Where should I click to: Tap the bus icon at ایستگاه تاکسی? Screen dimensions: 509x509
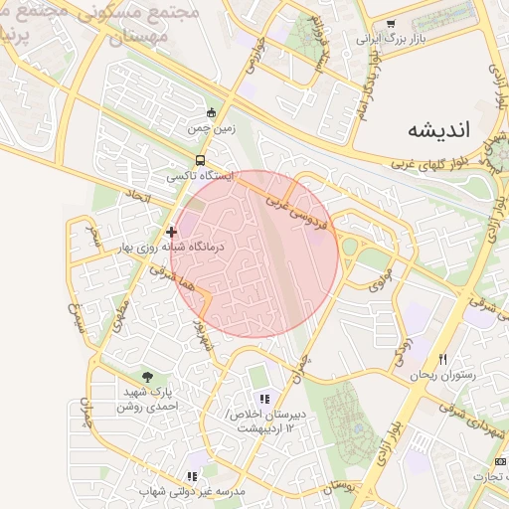click(x=202, y=159)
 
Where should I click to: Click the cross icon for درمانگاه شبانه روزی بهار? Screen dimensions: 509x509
click(x=171, y=231)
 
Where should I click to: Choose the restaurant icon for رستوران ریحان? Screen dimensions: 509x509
click(x=443, y=359)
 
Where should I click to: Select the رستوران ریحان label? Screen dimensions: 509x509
click(x=442, y=375)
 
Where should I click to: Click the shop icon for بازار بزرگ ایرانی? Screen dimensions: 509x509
click(x=391, y=24)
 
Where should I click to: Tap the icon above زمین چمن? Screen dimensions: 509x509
click(x=210, y=112)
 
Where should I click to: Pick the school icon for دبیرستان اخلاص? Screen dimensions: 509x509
click(x=263, y=398)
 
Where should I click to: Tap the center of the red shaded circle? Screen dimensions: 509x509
click(x=255, y=254)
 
